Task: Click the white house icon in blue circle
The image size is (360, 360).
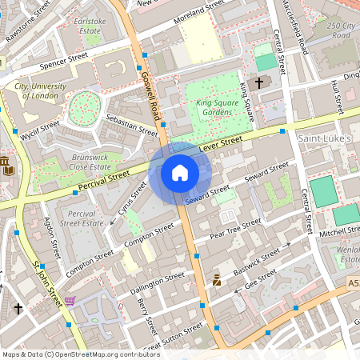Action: click(180, 172)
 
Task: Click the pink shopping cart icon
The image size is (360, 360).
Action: click(70, 301)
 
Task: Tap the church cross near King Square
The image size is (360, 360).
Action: click(258, 82)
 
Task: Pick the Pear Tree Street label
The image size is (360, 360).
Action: click(235, 229)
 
